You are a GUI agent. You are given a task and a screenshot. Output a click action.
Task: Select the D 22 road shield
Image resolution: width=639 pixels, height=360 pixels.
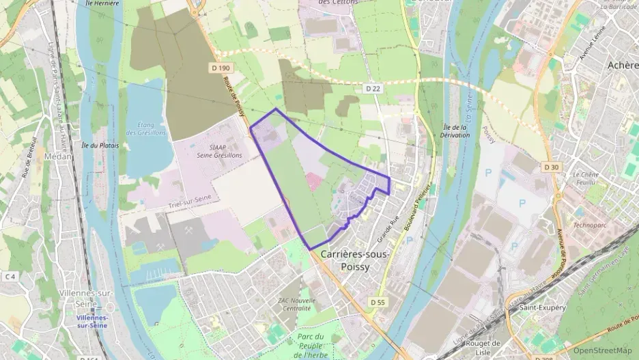coord(372,89)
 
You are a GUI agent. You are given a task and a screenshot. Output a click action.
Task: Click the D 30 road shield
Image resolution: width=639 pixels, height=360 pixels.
coord(551,167)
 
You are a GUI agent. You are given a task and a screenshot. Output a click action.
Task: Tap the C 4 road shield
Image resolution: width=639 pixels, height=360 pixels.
coord(10,276)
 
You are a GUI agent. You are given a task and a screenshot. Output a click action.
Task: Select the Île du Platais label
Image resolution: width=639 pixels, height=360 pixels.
coord(100,145)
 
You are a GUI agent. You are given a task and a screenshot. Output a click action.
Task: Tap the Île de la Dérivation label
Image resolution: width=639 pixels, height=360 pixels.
coord(456,130)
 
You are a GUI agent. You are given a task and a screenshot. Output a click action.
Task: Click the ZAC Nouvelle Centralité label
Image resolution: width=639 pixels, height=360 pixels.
coord(296,304)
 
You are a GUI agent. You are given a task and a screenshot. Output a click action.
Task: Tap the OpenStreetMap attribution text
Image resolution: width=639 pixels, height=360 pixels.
coord(601,350)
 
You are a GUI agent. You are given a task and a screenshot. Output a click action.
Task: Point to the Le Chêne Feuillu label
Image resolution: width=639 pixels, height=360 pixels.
coord(586,179)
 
